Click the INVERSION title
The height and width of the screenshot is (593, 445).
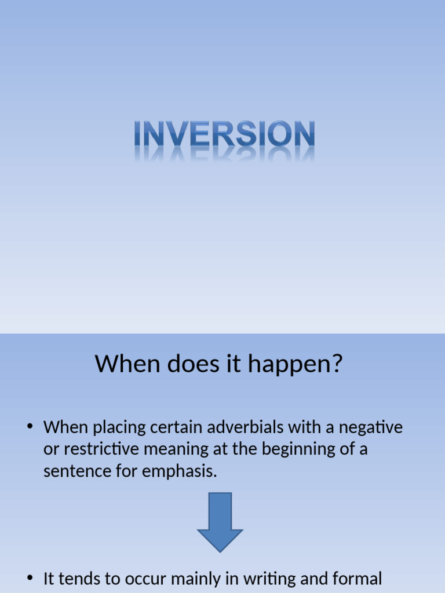click(x=224, y=134)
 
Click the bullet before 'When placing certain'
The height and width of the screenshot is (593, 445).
click(x=30, y=428)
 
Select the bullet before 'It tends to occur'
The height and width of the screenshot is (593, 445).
click(x=30, y=578)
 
